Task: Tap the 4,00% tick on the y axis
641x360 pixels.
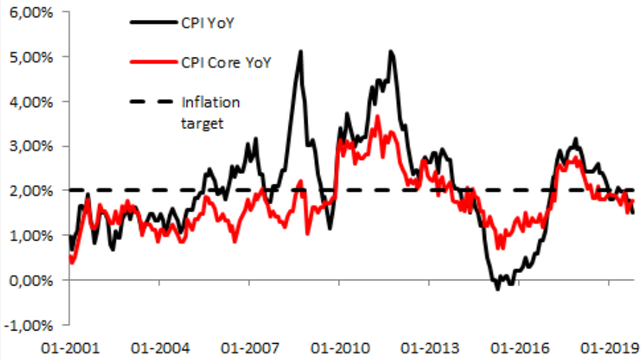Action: [31, 101]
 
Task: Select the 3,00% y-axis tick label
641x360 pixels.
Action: [31, 146]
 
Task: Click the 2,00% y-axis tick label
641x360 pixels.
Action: [31, 191]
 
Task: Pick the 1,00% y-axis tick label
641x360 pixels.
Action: [31, 236]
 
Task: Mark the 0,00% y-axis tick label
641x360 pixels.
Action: [31, 281]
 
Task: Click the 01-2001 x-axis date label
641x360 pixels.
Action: [69, 347]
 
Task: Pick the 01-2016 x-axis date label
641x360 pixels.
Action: [516, 347]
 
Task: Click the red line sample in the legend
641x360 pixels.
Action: [153, 63]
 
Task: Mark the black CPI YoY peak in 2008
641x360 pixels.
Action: [300, 51]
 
